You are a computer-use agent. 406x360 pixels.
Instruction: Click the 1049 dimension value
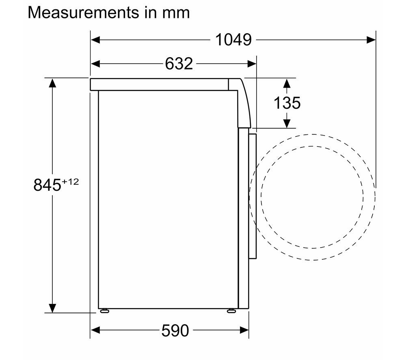tap(233, 40)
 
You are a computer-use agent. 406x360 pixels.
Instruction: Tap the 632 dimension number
tap(179, 64)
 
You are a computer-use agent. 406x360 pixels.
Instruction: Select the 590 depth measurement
tap(175, 330)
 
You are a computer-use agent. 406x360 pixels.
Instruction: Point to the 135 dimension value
tap(287, 103)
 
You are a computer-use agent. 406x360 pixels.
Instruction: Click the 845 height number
tap(48, 185)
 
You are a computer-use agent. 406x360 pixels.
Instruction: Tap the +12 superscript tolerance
tap(70, 182)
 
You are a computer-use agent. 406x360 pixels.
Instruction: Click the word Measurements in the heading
tap(83, 12)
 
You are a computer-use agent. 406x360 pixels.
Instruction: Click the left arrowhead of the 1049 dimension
tap(95, 40)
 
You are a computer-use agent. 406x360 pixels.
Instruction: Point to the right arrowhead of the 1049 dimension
tap(371, 40)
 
